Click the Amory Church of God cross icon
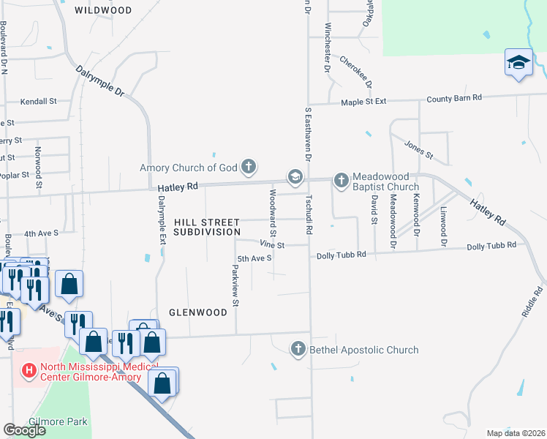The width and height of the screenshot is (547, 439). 249,166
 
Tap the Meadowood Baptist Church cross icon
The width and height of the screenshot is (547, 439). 341,179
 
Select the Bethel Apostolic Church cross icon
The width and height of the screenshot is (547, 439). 298,350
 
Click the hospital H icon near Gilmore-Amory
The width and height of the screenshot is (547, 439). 29,371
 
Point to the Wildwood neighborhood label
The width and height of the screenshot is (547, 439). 103,10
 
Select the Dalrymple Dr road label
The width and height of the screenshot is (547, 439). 100,80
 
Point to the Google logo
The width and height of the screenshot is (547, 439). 24,430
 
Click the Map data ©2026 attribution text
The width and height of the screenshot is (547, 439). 515,433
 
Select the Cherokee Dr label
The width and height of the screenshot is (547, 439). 355,72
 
